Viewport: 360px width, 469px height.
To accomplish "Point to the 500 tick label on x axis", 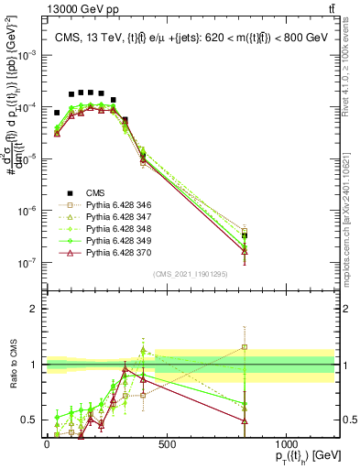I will point(167,443).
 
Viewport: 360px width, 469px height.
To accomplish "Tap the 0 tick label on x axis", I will point(47,443).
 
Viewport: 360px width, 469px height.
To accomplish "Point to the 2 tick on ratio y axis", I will point(34,309).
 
